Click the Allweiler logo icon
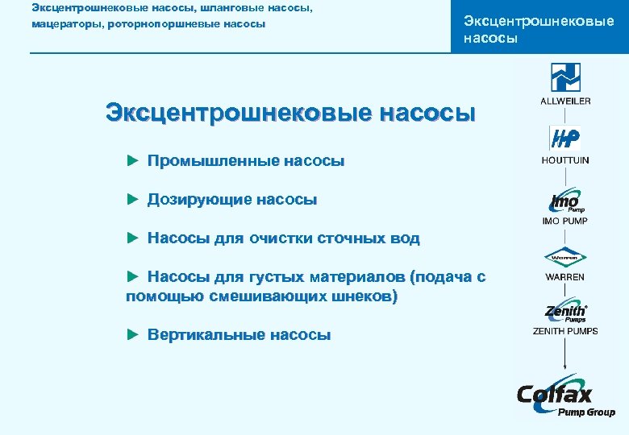click(565, 78)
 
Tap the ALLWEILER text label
click(565, 101)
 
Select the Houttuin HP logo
click(564, 139)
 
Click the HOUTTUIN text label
click(565, 160)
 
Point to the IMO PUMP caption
click(565, 221)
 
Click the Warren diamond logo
click(565, 258)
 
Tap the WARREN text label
click(565, 277)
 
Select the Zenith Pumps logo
click(565, 311)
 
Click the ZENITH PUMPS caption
click(565, 331)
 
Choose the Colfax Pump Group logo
click(564, 397)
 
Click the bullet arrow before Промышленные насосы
click(134, 161)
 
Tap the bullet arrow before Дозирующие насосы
click(134, 200)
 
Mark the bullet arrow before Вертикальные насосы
click(134, 335)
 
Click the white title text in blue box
click(539, 29)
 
